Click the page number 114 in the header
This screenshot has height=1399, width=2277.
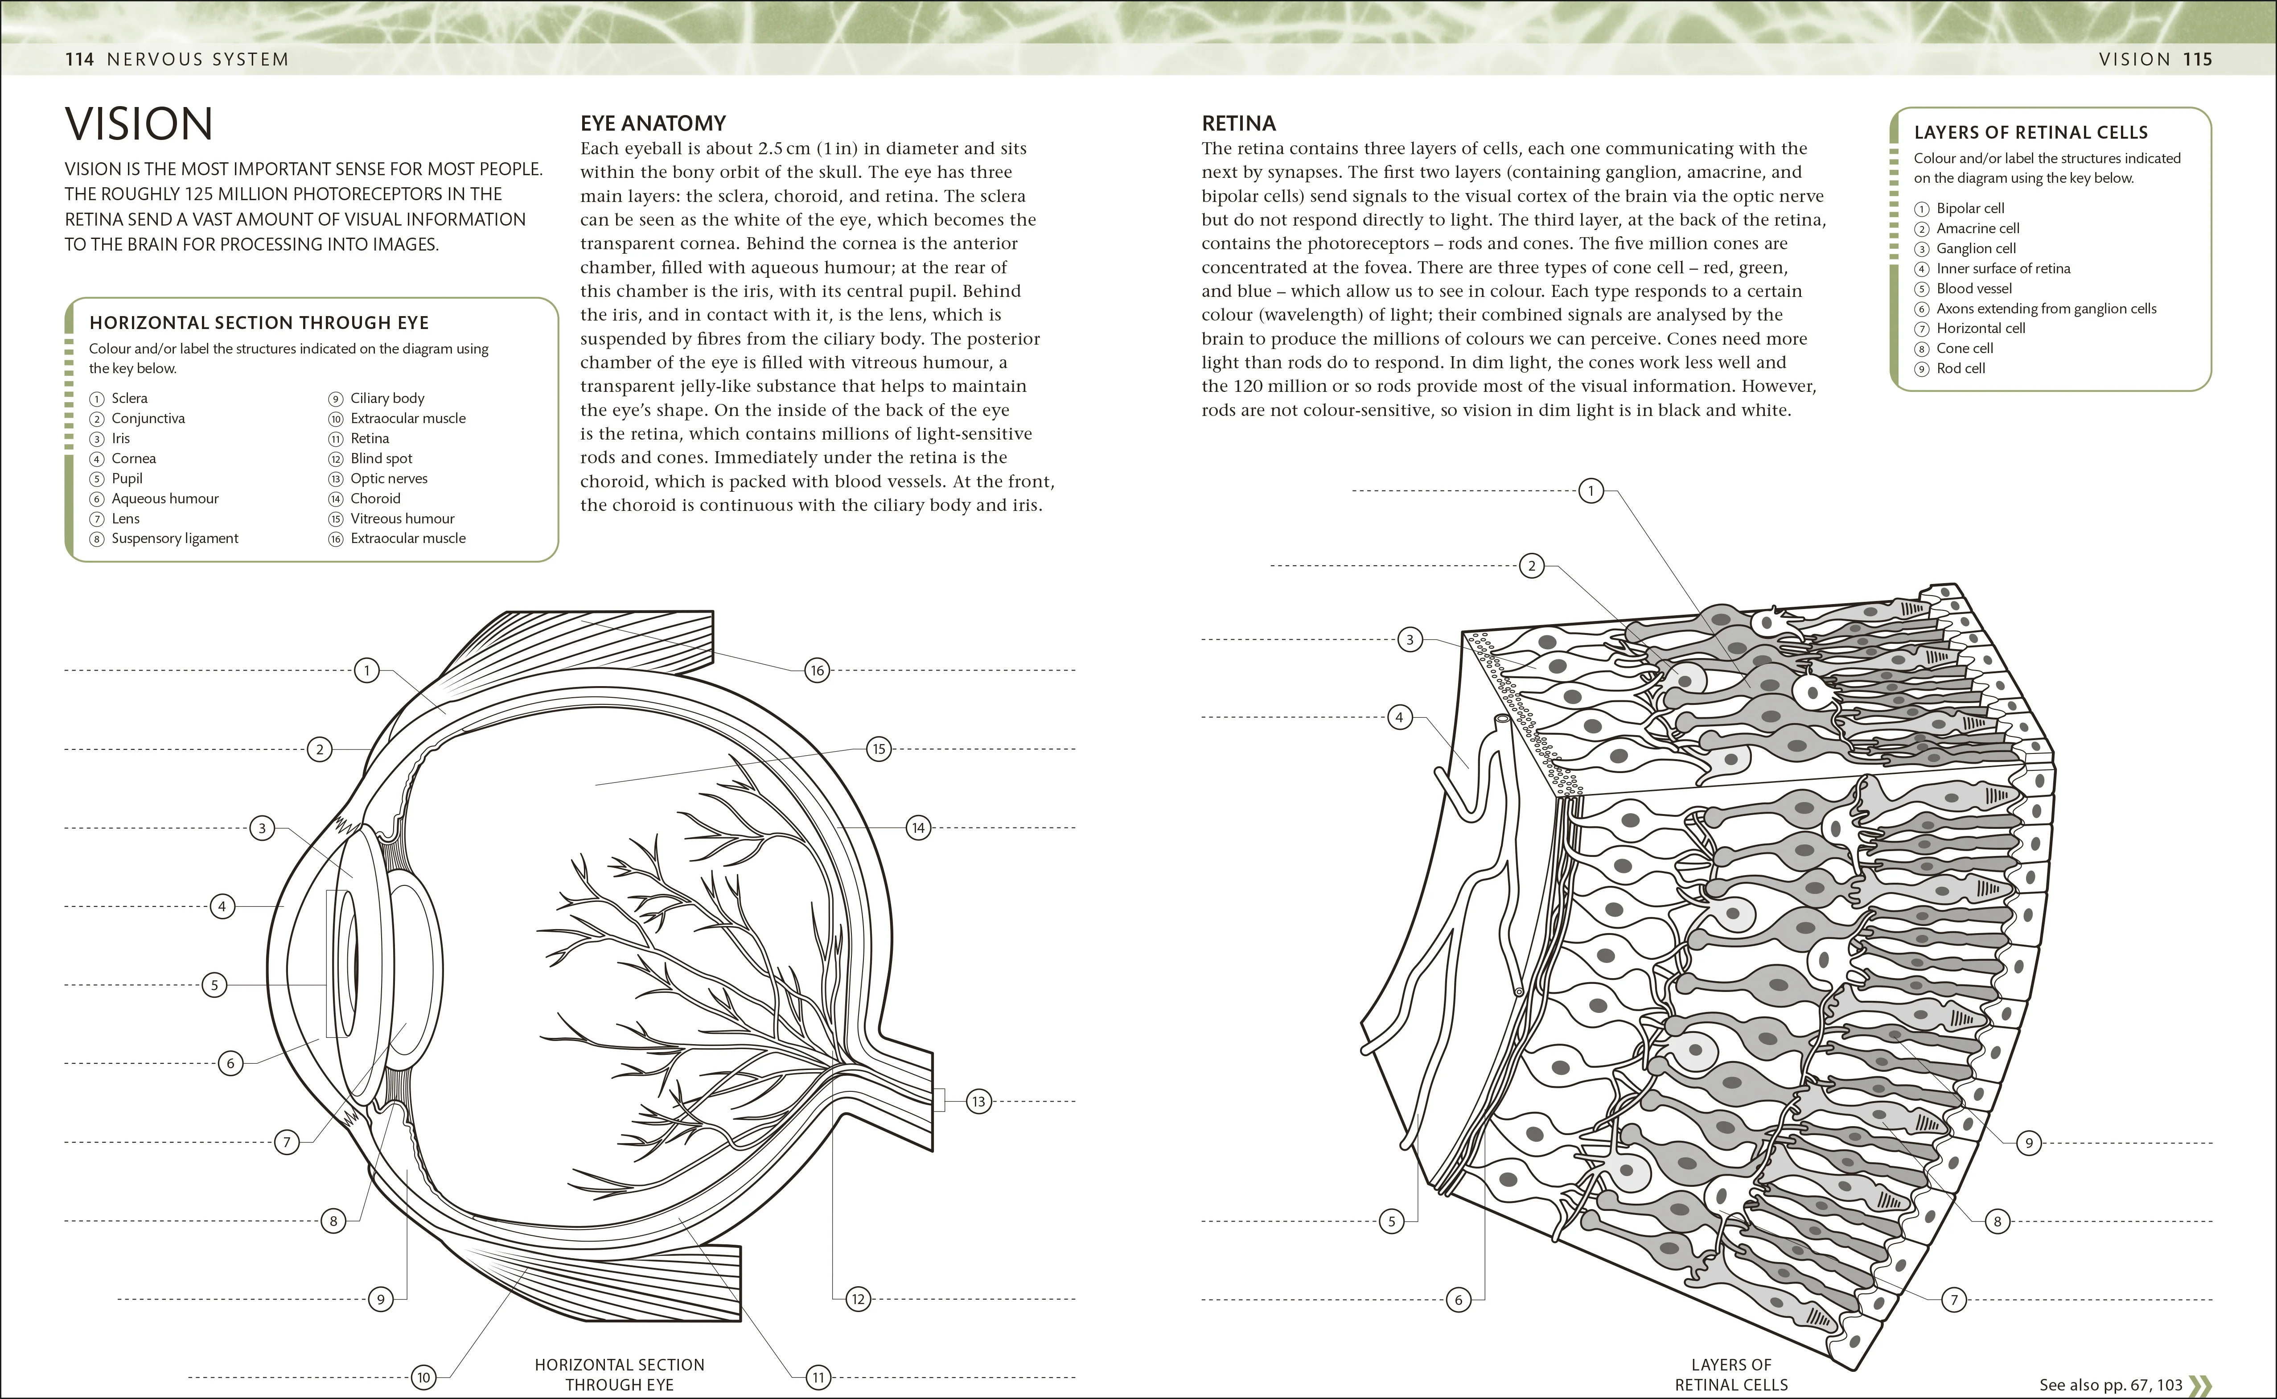[79, 59]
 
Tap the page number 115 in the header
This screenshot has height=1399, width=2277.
[2198, 59]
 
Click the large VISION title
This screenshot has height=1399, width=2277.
[139, 124]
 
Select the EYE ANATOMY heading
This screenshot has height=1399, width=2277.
[653, 123]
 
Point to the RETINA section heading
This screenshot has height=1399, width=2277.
[1238, 123]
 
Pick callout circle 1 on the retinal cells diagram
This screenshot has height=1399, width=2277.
[1591, 490]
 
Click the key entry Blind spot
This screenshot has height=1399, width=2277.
[381, 458]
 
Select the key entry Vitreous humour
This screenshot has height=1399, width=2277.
[403, 518]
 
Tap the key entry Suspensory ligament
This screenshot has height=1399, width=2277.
[175, 539]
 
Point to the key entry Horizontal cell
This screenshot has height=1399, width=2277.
[1980, 329]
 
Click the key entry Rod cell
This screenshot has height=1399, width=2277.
[1961, 368]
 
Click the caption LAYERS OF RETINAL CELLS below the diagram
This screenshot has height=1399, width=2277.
[1730, 1374]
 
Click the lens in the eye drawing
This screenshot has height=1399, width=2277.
[411, 967]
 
